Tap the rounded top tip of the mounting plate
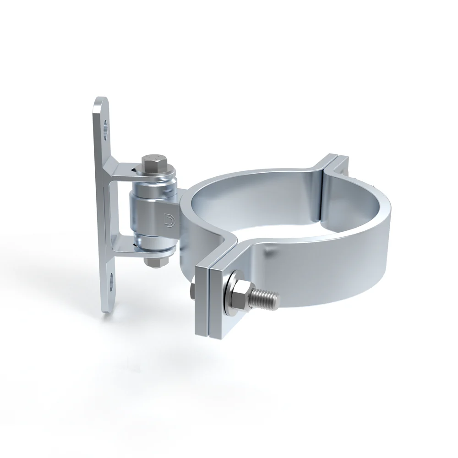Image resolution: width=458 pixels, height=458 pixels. click(101, 102)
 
